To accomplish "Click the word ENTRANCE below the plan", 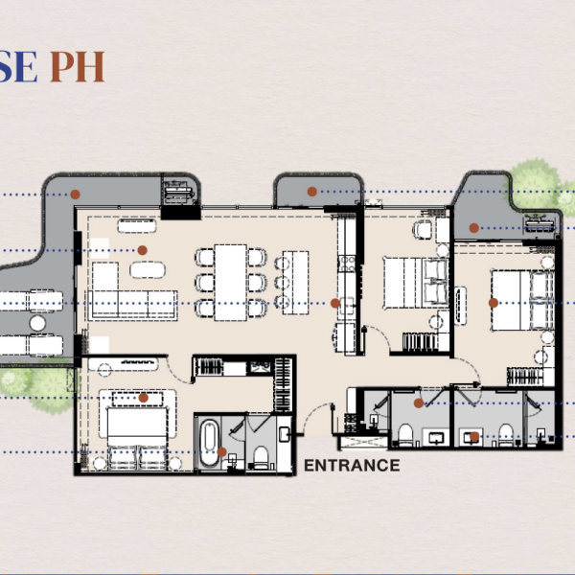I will click(352, 466).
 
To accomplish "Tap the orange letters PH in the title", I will click(77, 67).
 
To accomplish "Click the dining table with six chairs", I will click(230, 282).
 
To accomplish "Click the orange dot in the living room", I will click(142, 250).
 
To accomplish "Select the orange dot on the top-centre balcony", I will click(311, 192).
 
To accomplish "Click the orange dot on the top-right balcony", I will click(474, 227).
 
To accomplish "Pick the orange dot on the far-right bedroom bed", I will click(493, 302).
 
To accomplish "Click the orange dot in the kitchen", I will click(335, 303).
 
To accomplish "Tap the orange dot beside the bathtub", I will click(222, 451).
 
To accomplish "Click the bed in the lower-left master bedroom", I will click(140, 432).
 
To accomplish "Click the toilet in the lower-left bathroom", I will click(259, 455).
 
